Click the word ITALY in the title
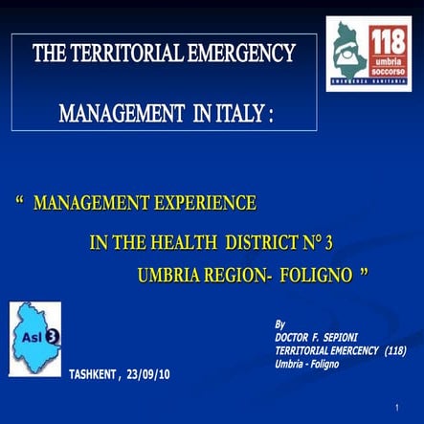(x=240, y=114)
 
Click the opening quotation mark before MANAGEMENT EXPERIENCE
(x=21, y=204)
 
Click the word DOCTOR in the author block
(x=296, y=337)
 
